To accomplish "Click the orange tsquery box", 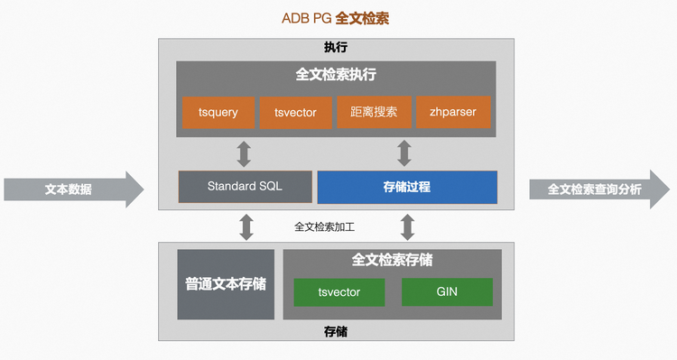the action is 218,112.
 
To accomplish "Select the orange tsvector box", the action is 296,112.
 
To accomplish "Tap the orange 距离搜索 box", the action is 374,112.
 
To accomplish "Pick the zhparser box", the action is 453,112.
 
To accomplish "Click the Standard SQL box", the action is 246,187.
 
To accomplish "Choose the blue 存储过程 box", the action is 407,187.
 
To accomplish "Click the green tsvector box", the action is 339,292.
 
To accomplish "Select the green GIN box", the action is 447,291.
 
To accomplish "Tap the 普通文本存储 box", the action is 226,284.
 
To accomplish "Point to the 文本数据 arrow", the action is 73,189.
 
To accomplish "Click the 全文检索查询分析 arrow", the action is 599,189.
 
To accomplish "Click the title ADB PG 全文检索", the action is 336,19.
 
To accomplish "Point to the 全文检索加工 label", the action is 324,227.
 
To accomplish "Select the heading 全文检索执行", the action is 336,75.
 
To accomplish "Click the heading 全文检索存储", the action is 392,260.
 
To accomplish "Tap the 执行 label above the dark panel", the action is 336,47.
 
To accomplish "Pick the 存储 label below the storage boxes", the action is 336,331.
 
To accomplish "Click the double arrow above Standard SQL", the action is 244,153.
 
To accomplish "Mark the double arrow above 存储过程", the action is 404,153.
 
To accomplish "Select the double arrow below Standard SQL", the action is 246,227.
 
